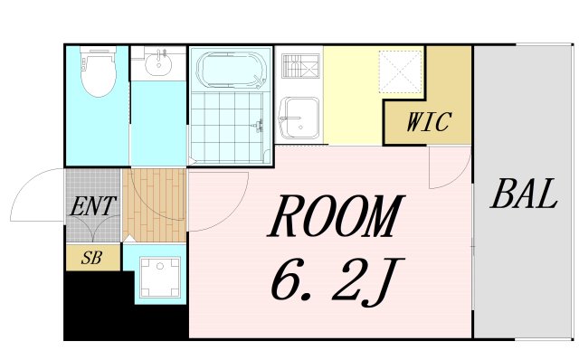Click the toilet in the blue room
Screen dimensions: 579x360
click(99, 71)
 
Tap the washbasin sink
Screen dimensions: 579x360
click(158, 63)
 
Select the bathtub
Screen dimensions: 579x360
click(232, 70)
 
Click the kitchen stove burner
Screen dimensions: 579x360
click(300, 66)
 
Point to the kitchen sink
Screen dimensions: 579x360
click(299, 118)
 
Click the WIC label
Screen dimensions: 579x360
click(429, 121)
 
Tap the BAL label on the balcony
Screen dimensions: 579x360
click(524, 194)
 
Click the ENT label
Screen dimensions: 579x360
click(93, 206)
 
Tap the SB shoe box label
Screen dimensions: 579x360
click(91, 258)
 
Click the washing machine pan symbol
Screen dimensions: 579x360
click(160, 278)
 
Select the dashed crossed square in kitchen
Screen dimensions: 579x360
click(401, 71)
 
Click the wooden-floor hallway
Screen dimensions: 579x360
click(155, 205)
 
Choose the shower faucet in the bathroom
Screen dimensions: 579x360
click(260, 126)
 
